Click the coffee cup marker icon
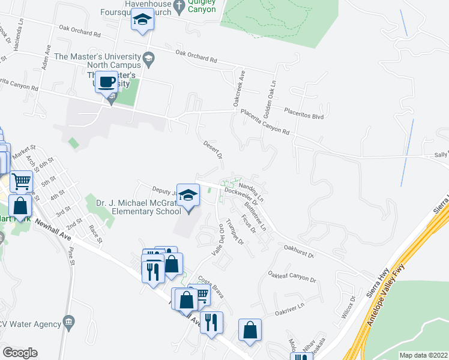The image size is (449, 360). pos(107,82)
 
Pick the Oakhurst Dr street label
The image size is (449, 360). pos(298,250)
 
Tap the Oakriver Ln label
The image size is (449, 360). pos(290,313)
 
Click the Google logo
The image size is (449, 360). pos(20,352)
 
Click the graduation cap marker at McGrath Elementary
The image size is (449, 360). pos(188,194)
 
